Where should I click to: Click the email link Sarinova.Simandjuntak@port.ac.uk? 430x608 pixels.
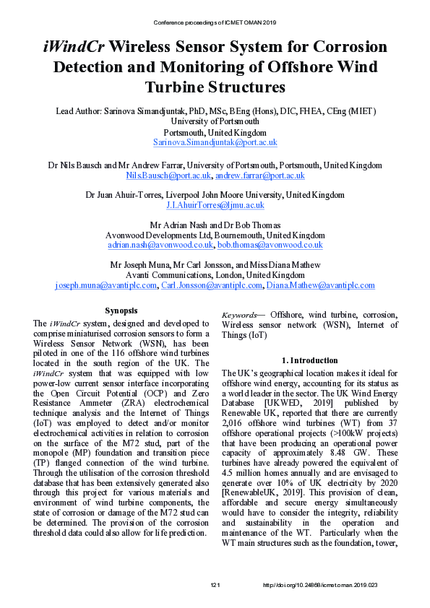click(215, 143)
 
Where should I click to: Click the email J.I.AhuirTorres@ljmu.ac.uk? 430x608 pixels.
click(215, 206)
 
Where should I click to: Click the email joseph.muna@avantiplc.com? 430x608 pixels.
click(106, 285)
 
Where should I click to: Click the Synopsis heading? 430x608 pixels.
click(121, 310)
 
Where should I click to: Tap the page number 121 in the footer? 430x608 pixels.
click(215, 585)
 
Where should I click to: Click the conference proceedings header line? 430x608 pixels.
click(215, 22)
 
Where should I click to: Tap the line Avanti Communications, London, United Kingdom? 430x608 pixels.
click(215, 275)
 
